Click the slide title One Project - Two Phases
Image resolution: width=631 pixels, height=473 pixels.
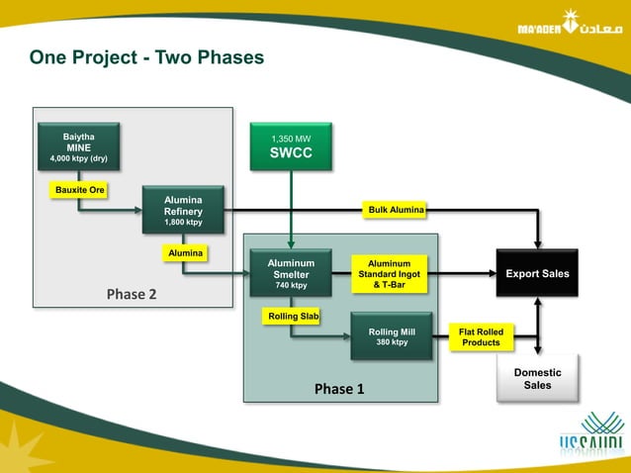point(146,57)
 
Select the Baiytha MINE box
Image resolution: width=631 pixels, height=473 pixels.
point(78,147)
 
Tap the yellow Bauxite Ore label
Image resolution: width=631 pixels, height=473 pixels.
point(78,188)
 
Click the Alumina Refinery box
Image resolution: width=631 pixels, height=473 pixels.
point(183,211)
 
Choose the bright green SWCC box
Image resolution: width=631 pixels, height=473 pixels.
point(291,146)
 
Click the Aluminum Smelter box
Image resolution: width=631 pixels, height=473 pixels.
point(291,274)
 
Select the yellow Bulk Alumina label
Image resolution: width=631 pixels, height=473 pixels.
point(396,210)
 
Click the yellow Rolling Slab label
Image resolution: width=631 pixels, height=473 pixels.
point(292,316)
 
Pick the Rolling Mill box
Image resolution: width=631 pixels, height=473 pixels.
point(392,336)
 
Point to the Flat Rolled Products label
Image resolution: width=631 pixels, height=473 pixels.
point(481,336)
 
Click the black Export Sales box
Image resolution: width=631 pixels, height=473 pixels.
point(537,273)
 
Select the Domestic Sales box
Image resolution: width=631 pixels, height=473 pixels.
point(537,378)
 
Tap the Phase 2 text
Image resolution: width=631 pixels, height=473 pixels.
point(132,294)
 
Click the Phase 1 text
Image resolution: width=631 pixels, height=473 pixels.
point(339,389)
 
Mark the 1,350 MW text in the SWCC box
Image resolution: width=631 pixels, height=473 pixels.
point(291,139)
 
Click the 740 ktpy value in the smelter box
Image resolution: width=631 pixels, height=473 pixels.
point(291,286)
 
